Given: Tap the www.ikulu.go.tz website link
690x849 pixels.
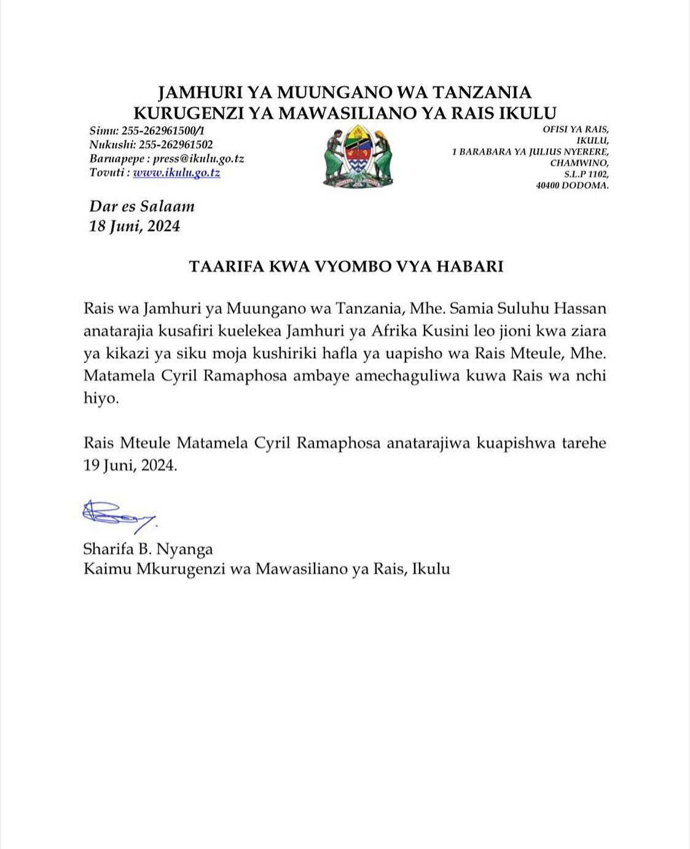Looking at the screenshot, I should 176,173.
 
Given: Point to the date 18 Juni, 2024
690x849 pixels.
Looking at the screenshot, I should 135,226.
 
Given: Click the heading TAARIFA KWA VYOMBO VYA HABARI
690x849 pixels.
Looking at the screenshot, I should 346,266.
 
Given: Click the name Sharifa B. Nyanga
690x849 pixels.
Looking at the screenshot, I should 148,549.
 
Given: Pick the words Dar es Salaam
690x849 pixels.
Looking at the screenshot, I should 142,206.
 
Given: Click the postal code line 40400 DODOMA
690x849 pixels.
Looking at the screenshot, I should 572,185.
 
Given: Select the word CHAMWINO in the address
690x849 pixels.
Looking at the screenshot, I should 579,163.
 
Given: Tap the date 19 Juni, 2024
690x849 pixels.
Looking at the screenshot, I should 130,465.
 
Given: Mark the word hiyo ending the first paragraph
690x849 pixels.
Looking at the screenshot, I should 100,398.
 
